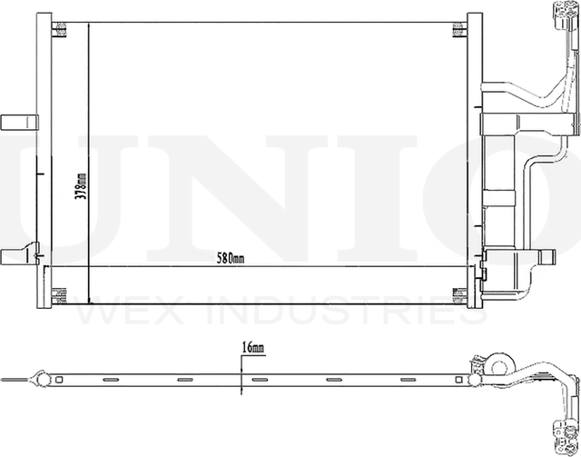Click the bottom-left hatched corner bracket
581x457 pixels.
[x=62, y=293]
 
